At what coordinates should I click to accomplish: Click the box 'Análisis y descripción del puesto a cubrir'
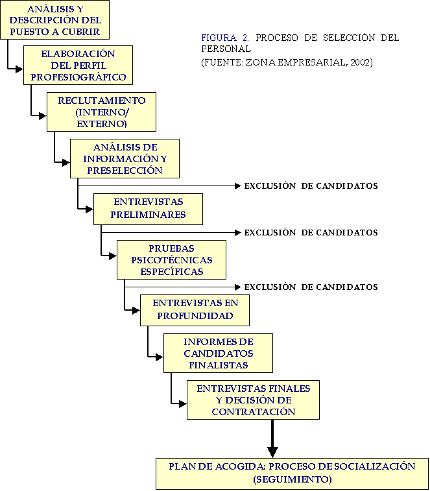pos(54,20)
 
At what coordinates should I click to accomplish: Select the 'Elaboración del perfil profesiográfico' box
pos(78,65)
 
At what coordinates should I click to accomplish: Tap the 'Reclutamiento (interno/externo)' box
pos(101,112)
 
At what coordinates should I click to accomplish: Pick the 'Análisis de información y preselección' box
pos(125,159)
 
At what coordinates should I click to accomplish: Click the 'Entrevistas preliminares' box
pos(148,208)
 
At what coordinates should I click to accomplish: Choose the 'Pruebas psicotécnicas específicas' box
pos(171,259)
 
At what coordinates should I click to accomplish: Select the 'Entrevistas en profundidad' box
pos(195,310)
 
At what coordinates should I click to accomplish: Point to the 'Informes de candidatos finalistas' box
pos(218,353)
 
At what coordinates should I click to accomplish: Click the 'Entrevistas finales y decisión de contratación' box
pos(253,400)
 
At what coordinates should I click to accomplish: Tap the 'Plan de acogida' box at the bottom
pos(292,473)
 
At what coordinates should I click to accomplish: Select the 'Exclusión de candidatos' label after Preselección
pos(311,186)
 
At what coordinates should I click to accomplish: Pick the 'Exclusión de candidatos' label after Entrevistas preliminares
pos(311,232)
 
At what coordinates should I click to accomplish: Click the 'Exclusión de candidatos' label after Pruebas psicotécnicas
pos(311,287)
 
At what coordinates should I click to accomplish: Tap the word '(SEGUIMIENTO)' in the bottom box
pos(292,479)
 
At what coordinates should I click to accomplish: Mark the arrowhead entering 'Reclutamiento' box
pos(43,116)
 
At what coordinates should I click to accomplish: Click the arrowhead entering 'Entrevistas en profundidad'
pos(136,311)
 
